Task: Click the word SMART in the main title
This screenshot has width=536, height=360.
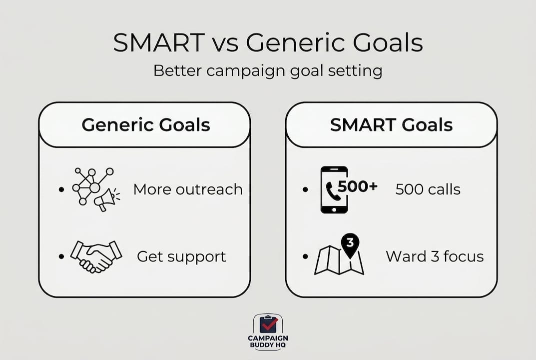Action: click(x=159, y=42)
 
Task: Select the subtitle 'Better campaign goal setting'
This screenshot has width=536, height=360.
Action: click(x=268, y=71)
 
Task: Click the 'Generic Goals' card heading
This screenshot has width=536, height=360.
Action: click(x=146, y=124)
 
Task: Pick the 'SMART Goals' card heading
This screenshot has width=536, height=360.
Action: click(x=392, y=124)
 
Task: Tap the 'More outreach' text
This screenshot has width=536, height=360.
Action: click(x=188, y=189)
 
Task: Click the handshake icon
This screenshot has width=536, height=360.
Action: click(x=96, y=256)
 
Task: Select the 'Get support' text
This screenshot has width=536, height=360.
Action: click(x=181, y=256)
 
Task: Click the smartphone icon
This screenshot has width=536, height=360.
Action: click(x=334, y=190)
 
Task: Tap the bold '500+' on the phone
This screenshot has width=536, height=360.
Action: click(x=358, y=186)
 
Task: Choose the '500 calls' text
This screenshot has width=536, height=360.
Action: click(x=428, y=189)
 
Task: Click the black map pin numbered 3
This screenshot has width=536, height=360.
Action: click(x=350, y=244)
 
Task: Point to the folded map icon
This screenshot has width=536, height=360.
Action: click(x=339, y=260)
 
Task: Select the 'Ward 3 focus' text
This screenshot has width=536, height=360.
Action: click(x=435, y=256)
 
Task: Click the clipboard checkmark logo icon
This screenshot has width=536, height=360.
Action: click(x=268, y=323)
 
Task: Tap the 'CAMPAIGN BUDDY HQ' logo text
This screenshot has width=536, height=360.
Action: click(x=268, y=341)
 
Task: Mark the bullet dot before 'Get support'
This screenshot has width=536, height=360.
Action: click(x=61, y=256)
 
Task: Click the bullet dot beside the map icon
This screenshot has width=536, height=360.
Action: click(x=306, y=256)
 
